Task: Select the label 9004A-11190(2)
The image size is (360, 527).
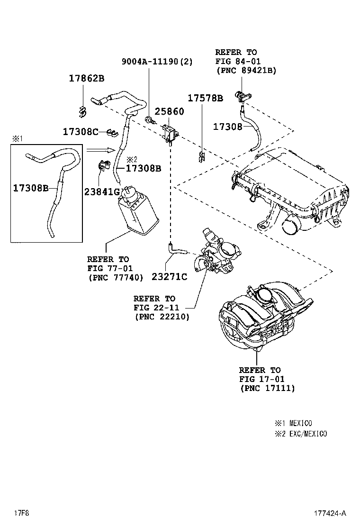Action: pyautogui.click(x=157, y=61)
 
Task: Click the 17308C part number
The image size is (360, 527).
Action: pyautogui.click(x=81, y=132)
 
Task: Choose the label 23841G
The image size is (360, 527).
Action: pyautogui.click(x=102, y=191)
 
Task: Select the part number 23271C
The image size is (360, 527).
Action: pyautogui.click(x=169, y=276)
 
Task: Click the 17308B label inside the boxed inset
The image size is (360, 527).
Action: pyautogui.click(x=31, y=188)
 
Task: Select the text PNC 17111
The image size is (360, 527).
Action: pyautogui.click(x=267, y=388)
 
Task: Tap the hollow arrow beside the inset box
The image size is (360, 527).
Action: pyautogui.click(x=100, y=150)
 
